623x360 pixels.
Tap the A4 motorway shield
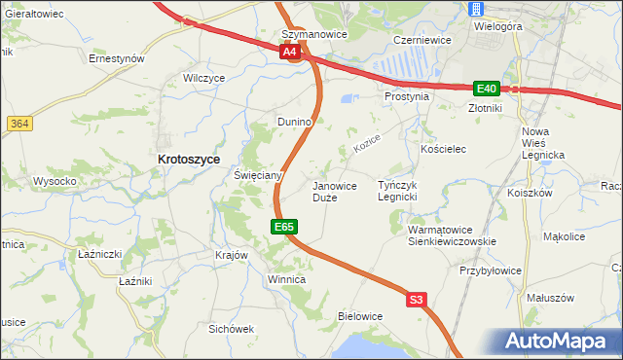289,54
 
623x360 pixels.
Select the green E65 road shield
283,227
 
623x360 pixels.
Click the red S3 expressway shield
417,301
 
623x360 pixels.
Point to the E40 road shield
487,88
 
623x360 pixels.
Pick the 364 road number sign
18,124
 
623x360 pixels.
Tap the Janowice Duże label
334,191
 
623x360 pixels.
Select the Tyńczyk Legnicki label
403,191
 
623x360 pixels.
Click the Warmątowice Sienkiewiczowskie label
452,235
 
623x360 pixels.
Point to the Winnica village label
286,279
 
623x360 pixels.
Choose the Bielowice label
359,316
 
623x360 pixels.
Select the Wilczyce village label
204,77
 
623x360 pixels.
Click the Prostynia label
406,96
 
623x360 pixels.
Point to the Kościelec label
444,149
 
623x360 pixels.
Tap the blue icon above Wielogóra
475,9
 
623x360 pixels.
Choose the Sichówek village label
231,329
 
